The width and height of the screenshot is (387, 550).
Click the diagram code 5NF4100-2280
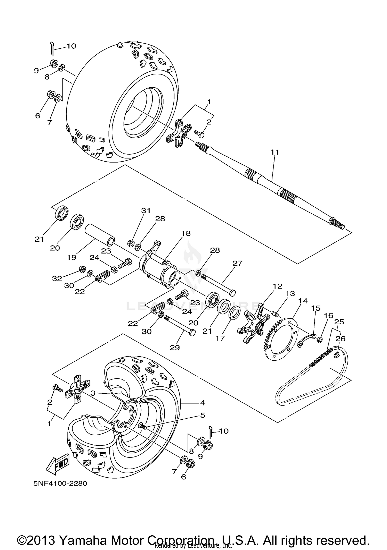(60, 483)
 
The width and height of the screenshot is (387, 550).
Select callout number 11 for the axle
(275, 152)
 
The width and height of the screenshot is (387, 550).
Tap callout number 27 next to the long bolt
(238, 263)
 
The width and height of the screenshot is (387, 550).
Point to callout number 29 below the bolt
(175, 348)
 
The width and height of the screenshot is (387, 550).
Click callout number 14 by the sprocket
(303, 301)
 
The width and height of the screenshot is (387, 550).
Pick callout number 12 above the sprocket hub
(278, 286)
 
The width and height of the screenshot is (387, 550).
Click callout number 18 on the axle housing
(186, 233)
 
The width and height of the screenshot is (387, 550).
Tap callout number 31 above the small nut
(146, 210)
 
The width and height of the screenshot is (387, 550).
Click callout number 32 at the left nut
(57, 278)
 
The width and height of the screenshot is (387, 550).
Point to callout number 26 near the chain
(340, 339)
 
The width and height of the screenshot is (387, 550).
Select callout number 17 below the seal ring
(220, 338)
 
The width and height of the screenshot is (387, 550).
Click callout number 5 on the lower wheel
(203, 415)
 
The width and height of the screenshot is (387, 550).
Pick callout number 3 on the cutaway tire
(93, 393)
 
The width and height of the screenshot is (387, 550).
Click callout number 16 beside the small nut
(329, 316)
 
